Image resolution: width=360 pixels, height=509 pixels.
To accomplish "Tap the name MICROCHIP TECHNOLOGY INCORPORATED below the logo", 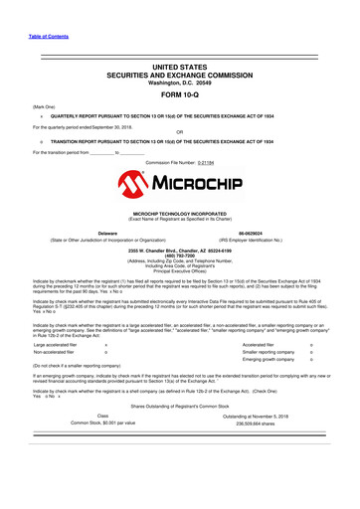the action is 179,214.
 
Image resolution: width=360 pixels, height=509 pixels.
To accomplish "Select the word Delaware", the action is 109,234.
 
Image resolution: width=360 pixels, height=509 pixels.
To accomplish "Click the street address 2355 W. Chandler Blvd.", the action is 179,252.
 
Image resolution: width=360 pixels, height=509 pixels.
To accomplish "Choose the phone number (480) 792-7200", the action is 179,256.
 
